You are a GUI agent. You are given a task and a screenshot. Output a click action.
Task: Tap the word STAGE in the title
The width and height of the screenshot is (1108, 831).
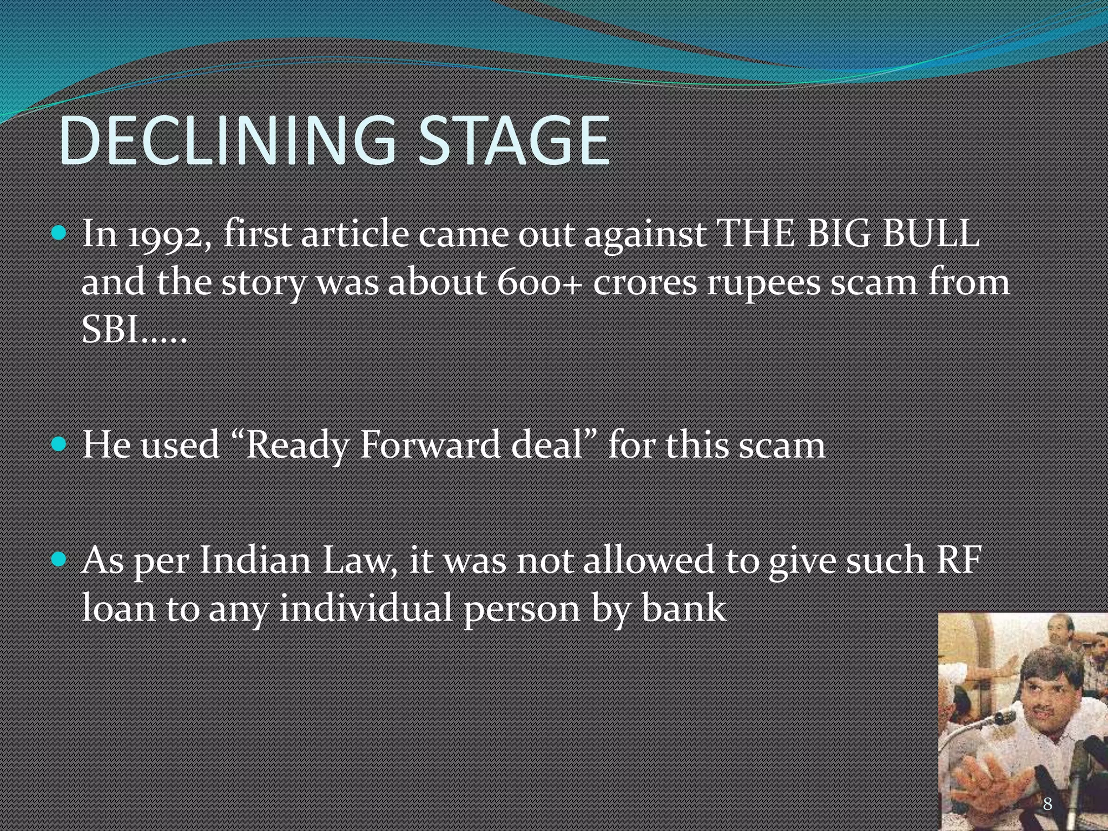(514, 142)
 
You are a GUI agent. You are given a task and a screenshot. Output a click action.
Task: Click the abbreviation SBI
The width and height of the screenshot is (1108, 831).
(111, 329)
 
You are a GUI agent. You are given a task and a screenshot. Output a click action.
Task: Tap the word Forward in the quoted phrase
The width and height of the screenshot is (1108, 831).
(430, 445)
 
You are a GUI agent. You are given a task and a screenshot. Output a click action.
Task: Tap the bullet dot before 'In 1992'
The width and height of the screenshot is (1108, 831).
(60, 234)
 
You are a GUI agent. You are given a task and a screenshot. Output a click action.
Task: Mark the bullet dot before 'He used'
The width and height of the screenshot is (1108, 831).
(60, 445)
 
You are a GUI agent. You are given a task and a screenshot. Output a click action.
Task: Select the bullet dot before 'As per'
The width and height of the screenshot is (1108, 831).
(60, 559)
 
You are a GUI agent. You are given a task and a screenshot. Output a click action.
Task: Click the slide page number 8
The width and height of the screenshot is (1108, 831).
(1047, 803)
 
